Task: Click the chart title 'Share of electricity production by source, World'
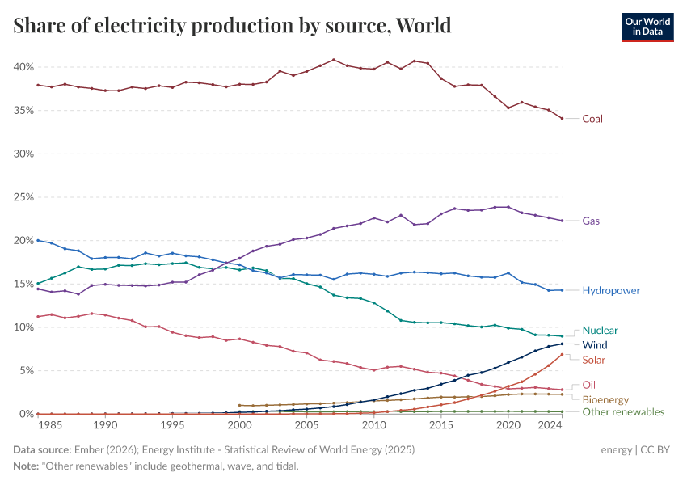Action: (x=232, y=26)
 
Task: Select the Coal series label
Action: (x=592, y=119)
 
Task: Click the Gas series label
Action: (x=591, y=221)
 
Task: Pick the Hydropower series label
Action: (x=610, y=290)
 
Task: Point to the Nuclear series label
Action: (x=600, y=330)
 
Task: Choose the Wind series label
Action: (x=595, y=345)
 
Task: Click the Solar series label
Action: (x=594, y=360)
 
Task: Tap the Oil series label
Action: (x=589, y=385)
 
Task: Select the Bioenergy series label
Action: (x=605, y=399)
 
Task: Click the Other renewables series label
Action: (x=623, y=412)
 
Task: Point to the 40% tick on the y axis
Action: (x=23, y=66)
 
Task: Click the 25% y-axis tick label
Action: (x=23, y=196)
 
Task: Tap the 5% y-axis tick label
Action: (x=25, y=370)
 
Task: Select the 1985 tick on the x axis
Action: (x=51, y=425)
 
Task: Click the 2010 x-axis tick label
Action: (x=373, y=425)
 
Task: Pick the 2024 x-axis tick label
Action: (x=549, y=425)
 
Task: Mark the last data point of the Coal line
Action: (x=562, y=119)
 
